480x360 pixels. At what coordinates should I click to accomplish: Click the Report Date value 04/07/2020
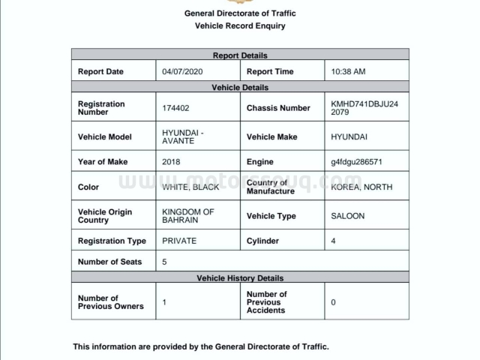182,72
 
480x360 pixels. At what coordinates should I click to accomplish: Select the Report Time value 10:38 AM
348,72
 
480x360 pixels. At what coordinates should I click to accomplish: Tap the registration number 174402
175,108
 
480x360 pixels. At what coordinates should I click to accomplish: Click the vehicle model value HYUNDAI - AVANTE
182,137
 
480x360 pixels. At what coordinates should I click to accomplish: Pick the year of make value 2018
171,162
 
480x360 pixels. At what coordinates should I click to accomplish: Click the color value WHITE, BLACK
190,187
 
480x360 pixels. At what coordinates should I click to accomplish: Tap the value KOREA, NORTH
361,187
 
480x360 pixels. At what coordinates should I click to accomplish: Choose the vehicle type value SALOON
347,216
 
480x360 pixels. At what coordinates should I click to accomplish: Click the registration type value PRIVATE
179,241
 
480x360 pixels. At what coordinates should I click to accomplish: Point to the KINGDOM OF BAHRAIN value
187,216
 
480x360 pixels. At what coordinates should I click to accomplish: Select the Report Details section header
240,55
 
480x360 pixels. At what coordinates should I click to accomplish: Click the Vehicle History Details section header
240,277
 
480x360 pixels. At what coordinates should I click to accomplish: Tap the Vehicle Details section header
240,88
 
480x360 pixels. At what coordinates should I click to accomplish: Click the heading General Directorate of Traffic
240,13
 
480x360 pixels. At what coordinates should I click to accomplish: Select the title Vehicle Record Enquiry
240,25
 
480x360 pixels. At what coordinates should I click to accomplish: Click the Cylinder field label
262,241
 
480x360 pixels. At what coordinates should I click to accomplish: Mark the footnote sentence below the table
200,346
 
